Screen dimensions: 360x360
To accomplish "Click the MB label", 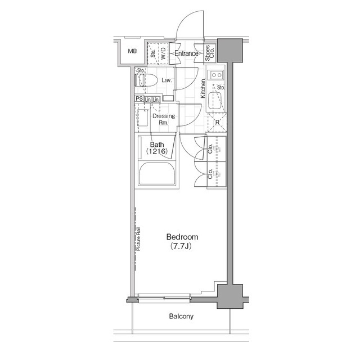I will click(132, 52).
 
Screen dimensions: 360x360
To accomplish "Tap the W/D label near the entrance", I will click(163, 54).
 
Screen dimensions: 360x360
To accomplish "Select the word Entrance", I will click(186, 54).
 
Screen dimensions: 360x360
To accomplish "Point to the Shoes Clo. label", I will click(208, 53).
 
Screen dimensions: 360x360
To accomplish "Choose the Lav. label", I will click(166, 80).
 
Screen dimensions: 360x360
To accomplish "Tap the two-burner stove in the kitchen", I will click(216, 75).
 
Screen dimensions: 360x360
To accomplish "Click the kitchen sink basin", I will click(215, 102).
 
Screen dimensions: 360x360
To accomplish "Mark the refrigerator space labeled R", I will click(217, 121).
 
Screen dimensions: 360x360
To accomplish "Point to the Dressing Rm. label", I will click(164, 119).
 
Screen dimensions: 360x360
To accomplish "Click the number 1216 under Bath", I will click(157, 152).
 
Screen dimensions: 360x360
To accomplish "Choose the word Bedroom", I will click(182, 237).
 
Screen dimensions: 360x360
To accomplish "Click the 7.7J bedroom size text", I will click(182, 246).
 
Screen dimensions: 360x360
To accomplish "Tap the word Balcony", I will click(181, 317).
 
